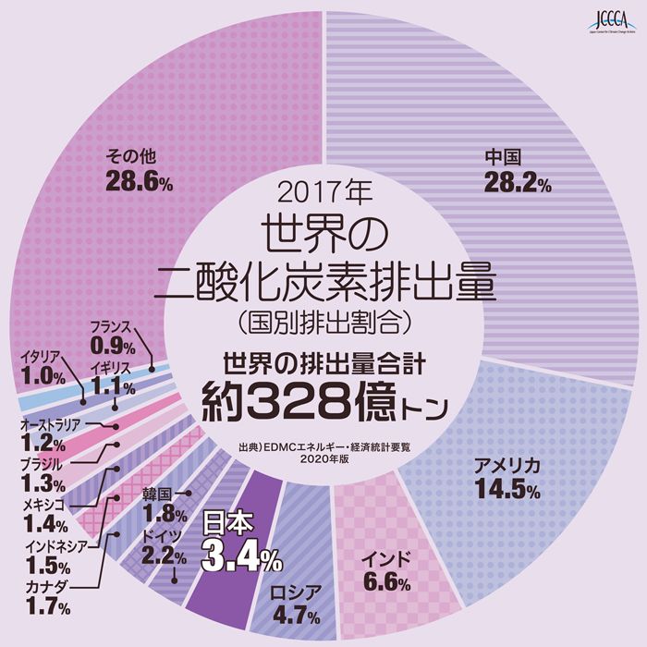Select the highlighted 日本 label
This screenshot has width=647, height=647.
(x=226, y=526)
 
